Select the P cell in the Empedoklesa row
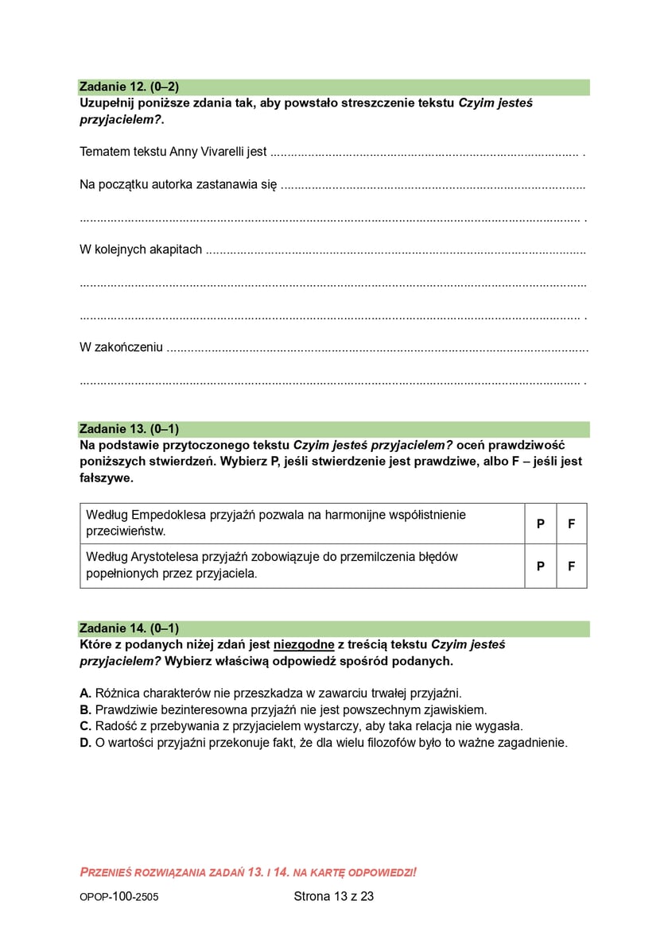pos(541,524)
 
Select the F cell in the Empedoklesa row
pos(571,524)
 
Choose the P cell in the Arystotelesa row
pos(541,566)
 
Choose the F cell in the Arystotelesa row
pos(571,566)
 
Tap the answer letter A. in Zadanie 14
pos(86,693)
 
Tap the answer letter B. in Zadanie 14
pos(86,709)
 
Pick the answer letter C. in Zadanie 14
pos(86,726)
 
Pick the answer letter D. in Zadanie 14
pos(86,743)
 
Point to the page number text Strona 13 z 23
pos(333,896)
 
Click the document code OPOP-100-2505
pos(113,897)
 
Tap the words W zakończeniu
pos(122,347)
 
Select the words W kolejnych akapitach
pos(141,249)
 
